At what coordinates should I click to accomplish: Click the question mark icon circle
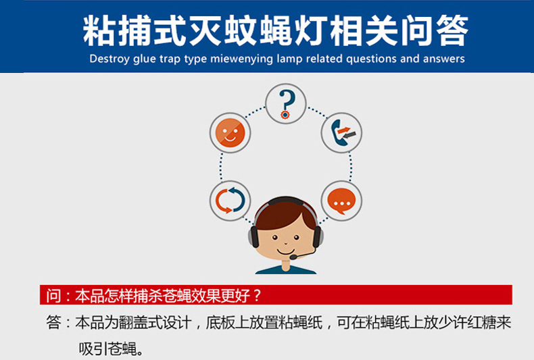[x=286, y=103]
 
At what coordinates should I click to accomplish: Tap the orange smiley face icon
[x=230, y=132]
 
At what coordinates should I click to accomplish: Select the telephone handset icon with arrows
[x=341, y=132]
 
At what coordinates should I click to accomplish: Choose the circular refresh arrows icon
[x=230, y=201]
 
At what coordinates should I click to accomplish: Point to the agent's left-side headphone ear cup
[x=253, y=236]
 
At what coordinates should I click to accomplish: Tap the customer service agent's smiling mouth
[x=285, y=252]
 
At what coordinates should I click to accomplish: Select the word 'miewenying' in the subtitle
[x=242, y=59]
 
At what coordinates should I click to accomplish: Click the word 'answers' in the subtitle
[x=443, y=59]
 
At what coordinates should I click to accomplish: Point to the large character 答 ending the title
[x=452, y=30]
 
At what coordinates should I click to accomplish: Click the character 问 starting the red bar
[x=53, y=295]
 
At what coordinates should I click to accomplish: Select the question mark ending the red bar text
[x=257, y=295]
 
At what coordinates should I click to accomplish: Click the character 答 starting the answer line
[x=54, y=322]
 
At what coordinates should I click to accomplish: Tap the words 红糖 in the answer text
[x=482, y=322]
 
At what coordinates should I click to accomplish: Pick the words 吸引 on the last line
[x=93, y=349]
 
